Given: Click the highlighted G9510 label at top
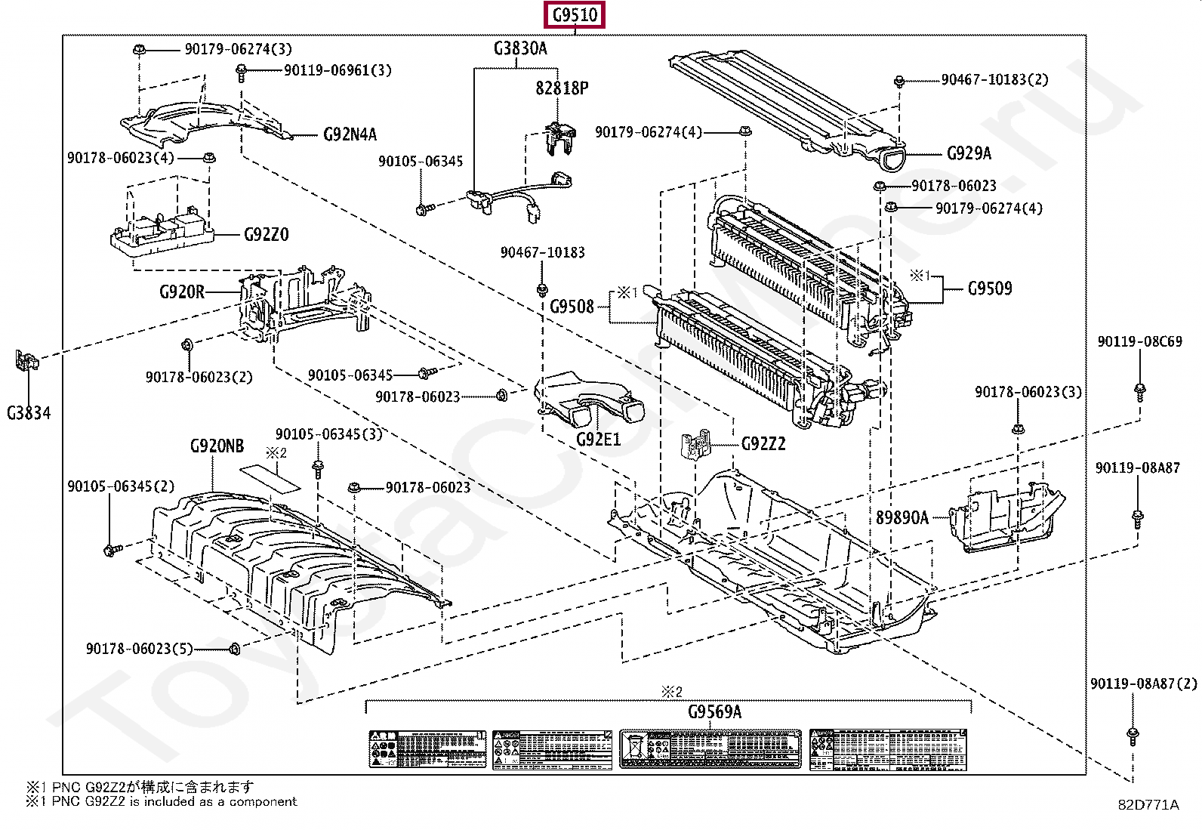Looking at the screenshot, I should coord(575,15).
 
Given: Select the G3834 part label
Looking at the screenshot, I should coord(29,412).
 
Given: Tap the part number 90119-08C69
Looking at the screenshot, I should coord(1139,342).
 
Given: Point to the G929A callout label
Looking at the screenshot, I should coord(969,154).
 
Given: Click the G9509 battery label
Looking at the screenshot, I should coord(990,288).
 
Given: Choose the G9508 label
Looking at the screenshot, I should coord(572,307).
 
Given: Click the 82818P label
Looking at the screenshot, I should coord(562,88).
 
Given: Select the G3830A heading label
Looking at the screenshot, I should coord(520,49).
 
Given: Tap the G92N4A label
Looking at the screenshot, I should coord(350,135).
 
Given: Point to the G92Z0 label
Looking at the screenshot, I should coord(266,235).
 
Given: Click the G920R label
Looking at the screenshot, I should coord(181,291).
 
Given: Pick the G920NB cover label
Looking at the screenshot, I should coord(217,446).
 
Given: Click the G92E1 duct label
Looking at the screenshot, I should coord(598,438).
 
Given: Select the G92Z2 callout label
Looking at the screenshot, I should coord(763,444).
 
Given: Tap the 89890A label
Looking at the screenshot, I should coord(902,518).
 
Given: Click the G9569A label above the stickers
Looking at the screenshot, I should coord(714,711).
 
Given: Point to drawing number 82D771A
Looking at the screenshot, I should coord(1148,805).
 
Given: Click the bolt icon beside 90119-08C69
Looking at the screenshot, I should coord(1139,390).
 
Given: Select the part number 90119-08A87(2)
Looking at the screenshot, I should coord(1142,684).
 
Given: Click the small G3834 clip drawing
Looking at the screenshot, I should coord(26,361).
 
